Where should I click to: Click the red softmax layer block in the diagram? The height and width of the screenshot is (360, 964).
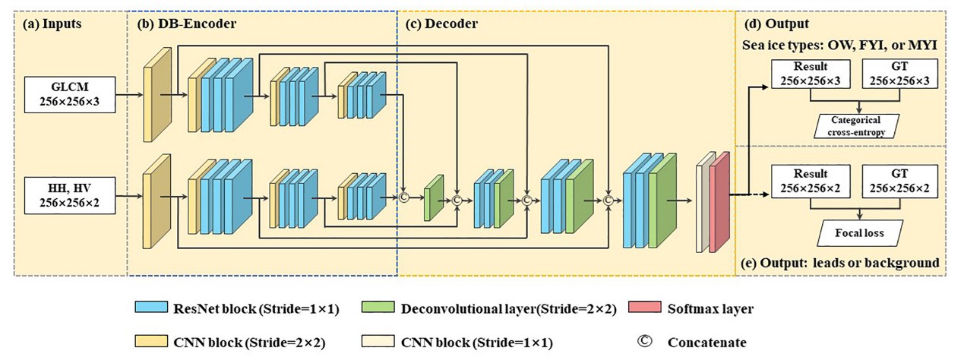(x=720, y=201)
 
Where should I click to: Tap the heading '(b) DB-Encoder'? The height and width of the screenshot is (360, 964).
(x=187, y=24)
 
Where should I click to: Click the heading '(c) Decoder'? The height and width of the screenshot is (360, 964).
(x=441, y=24)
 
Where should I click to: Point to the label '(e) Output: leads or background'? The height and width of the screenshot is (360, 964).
(x=839, y=263)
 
